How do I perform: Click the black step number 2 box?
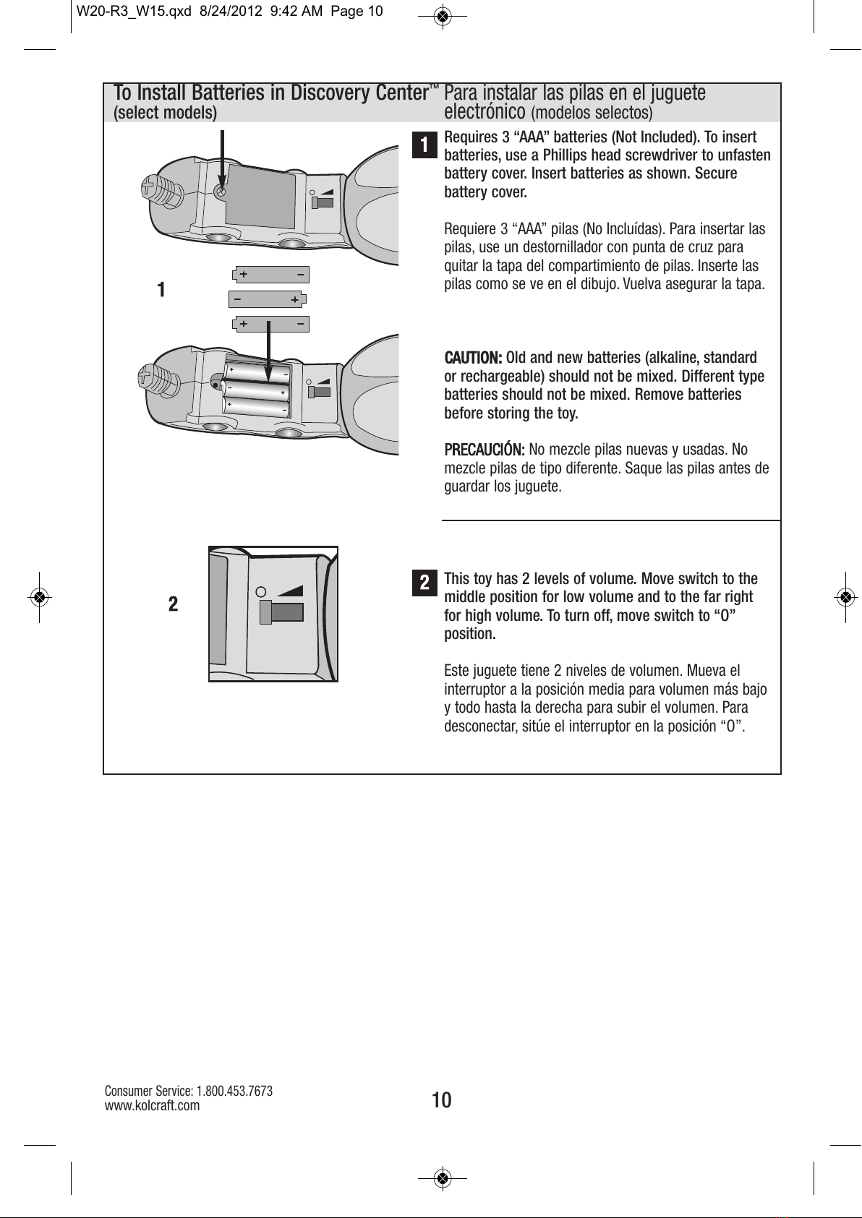click(425, 582)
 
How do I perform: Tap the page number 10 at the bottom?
click(441, 1100)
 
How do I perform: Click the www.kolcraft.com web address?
click(152, 1105)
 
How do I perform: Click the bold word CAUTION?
click(473, 358)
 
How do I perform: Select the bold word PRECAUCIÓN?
click(484, 450)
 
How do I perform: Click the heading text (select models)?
click(166, 113)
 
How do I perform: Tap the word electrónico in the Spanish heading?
click(485, 112)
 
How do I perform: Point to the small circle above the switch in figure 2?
click(262, 589)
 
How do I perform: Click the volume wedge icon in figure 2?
click(290, 588)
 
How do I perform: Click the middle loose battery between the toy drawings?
click(268, 299)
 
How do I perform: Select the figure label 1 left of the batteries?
click(162, 290)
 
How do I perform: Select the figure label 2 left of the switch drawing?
click(173, 604)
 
